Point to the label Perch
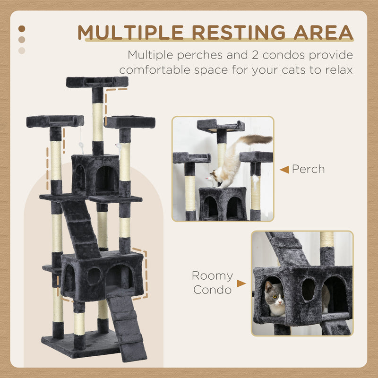coord(308,169)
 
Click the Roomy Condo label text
coord(212,283)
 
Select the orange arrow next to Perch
coord(284,169)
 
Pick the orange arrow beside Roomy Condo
coord(241,283)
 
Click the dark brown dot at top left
coord(22,29)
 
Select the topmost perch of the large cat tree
coord(97,82)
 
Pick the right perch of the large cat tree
coord(130,122)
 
